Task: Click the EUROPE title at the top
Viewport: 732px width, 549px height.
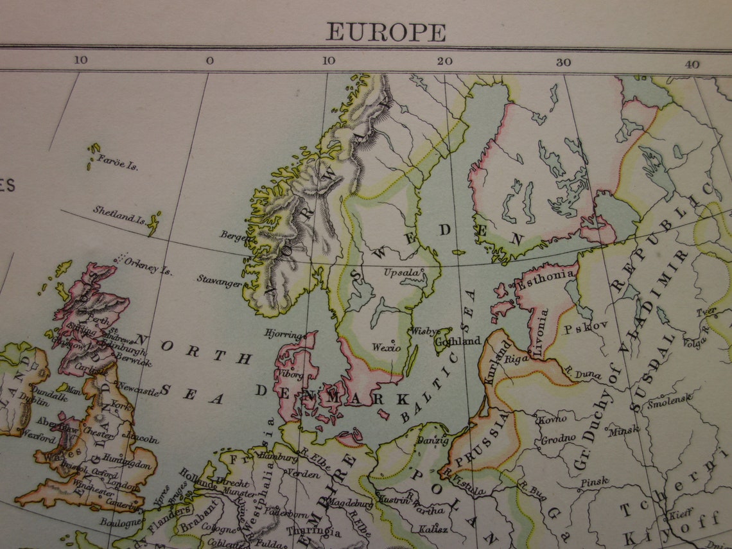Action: click(x=385, y=31)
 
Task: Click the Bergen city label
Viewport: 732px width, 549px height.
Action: click(x=234, y=236)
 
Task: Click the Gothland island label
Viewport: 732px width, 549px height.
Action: click(x=457, y=341)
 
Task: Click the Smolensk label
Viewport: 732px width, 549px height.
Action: click(x=669, y=403)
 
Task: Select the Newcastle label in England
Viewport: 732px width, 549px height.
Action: click(x=138, y=389)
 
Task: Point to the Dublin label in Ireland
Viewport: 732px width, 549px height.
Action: click(x=33, y=403)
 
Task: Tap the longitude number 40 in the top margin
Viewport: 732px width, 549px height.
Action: click(x=692, y=64)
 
